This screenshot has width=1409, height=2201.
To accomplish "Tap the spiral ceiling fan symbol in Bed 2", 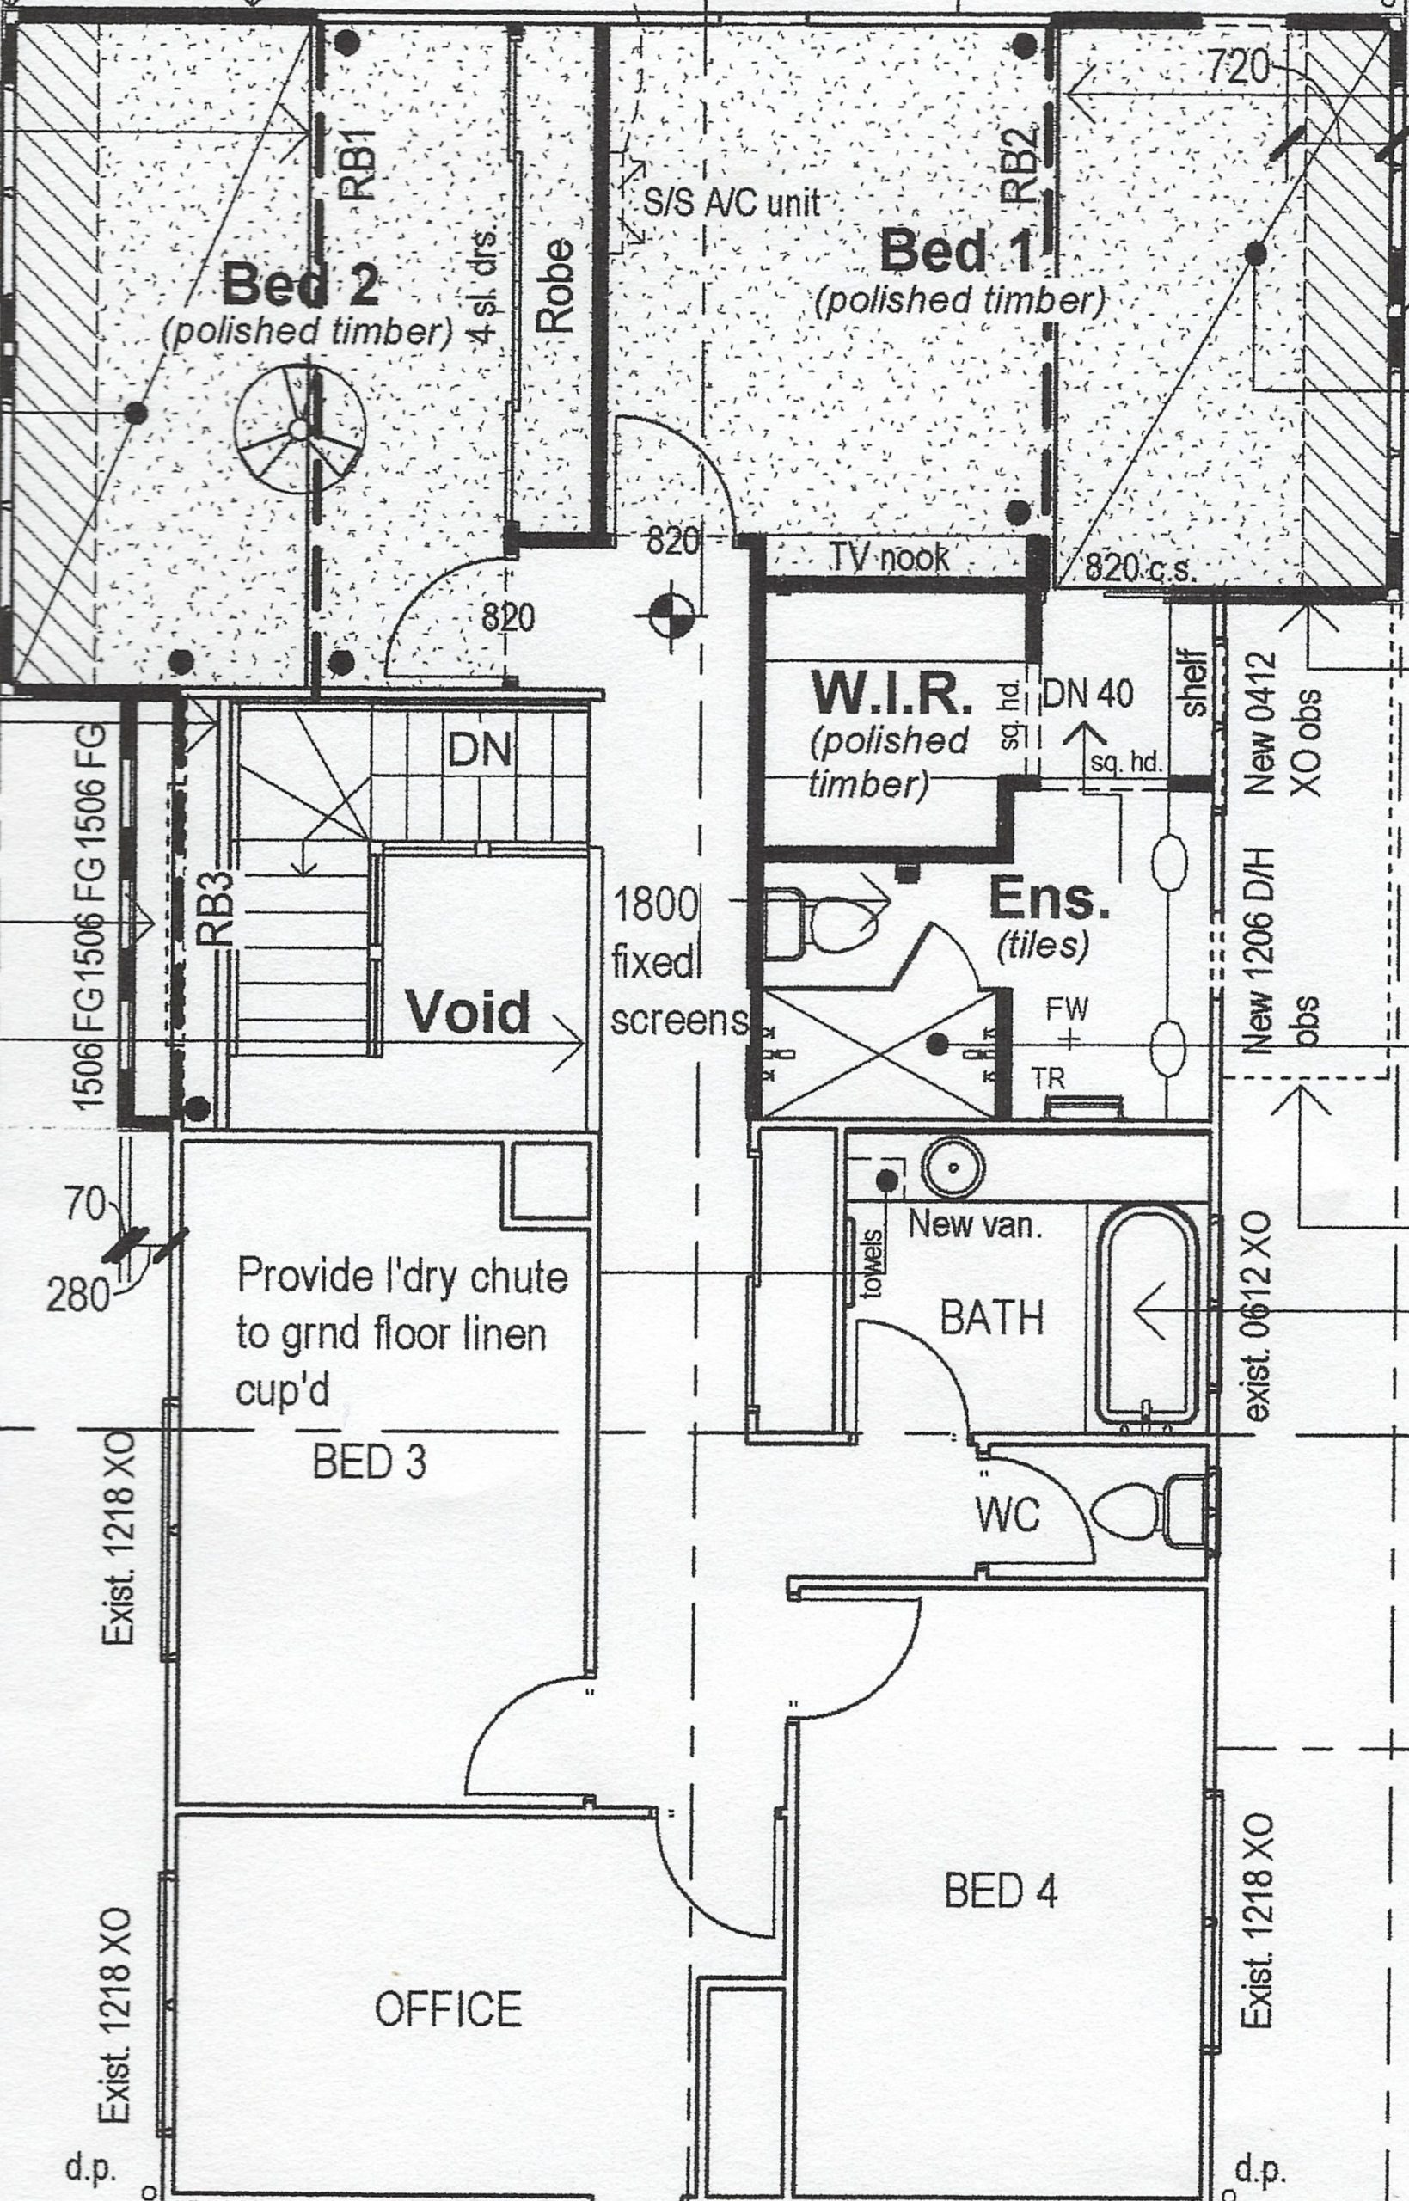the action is click(299, 428).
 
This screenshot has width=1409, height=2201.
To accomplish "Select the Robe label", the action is click(555, 285).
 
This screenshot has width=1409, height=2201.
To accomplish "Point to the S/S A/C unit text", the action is click(731, 201).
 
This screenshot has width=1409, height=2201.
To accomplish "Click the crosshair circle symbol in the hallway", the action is click(672, 616).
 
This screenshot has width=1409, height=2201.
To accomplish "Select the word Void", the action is click(468, 1013).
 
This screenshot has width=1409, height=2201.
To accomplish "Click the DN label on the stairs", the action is click(480, 751).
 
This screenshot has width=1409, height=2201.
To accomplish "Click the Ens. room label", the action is click(1051, 899).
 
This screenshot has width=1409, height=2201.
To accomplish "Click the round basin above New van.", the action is click(953, 1168).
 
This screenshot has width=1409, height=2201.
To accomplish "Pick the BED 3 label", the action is click(370, 1462).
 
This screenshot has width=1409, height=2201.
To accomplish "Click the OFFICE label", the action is click(449, 2009).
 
